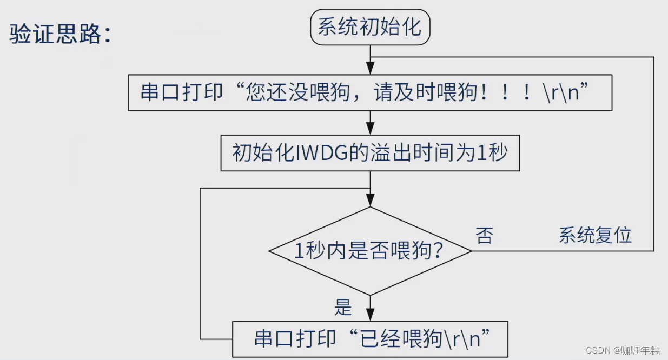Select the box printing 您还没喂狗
point(370,93)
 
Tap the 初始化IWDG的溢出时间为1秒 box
point(370,154)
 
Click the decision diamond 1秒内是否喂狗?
point(370,251)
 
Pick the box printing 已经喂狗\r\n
point(370,339)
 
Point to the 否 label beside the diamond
point(484,236)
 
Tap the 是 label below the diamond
point(343,308)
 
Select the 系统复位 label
point(595,236)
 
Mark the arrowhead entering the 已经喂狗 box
point(370,316)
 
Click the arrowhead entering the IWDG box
point(370,130)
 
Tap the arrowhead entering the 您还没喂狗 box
point(370,69)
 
